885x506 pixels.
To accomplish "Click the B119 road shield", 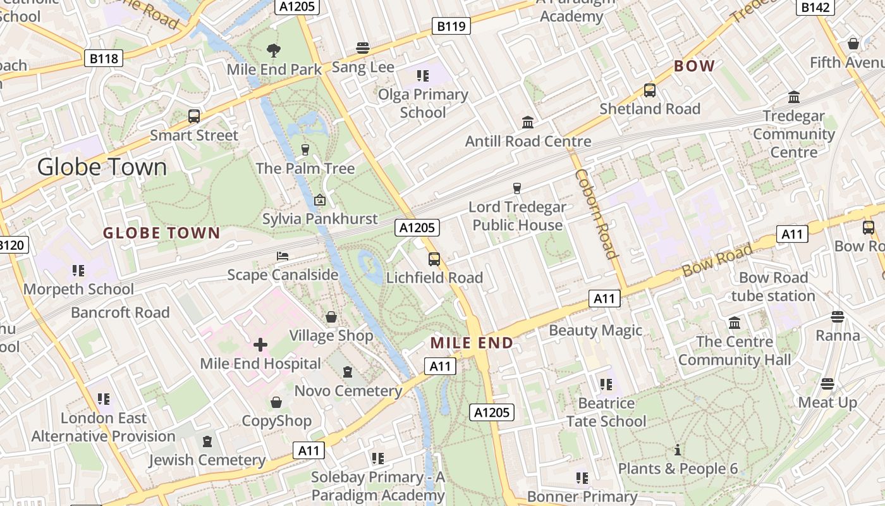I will pos(451,26).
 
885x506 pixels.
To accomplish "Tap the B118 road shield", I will pos(104,59).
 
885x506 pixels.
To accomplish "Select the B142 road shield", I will pos(815,7).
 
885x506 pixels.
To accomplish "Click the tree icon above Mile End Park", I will pos(274,51).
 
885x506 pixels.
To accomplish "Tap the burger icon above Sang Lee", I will pos(363,48).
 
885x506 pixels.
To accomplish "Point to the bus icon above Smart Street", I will pos(194,116).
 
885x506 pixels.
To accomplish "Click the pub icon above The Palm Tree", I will pos(305,150).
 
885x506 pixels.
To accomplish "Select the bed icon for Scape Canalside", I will pos(283,256).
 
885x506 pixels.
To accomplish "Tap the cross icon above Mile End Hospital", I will pos(260,345).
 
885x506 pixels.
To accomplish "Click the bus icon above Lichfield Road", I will pos(434,259).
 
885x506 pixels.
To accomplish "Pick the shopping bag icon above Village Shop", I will pos(331,317).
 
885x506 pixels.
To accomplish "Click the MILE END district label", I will pos(472,343).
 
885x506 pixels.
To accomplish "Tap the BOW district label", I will pos(694,66).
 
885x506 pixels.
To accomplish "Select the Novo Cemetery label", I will pos(348,391).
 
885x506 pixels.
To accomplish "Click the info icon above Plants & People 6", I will pos(678,450).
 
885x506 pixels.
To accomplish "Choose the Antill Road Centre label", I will pos(528,141).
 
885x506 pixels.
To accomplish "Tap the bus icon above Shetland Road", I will pos(649,90).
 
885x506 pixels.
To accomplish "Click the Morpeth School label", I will pos(78,289).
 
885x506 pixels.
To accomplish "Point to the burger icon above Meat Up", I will pos(827,384).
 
